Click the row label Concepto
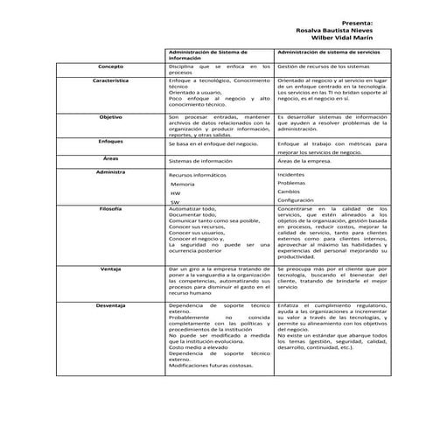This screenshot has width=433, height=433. pos(110,66)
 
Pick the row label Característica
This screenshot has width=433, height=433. pos(110,80)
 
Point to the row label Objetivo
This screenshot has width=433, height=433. pos(110,115)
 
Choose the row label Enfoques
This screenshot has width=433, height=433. pos(110,140)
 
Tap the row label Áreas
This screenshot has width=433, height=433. pos(110,157)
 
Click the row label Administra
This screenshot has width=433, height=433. pos(110,171)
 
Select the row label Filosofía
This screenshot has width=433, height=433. pos(110,209)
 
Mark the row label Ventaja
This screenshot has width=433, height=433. pos(110,269)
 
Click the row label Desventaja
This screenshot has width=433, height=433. pos(110,304)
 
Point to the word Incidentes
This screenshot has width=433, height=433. pos(291,175)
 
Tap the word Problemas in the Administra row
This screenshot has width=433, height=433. pos(292,183)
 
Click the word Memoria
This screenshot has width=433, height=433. pos(183,185)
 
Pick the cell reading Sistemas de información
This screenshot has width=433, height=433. pos(202,162)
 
